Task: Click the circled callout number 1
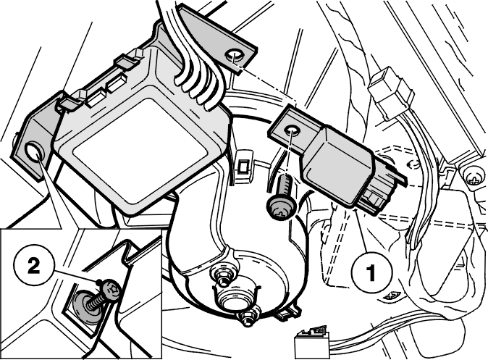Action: pyautogui.click(x=371, y=272)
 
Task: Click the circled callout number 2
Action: pyautogui.click(x=33, y=267)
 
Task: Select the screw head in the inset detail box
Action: pyautogui.click(x=111, y=288)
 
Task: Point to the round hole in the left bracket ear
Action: pyautogui.click(x=33, y=151)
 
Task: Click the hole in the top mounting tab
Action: pyautogui.click(x=235, y=56)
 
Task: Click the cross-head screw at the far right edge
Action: pyautogui.click(x=475, y=177)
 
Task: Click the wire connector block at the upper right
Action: pyautogui.click(x=392, y=93)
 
